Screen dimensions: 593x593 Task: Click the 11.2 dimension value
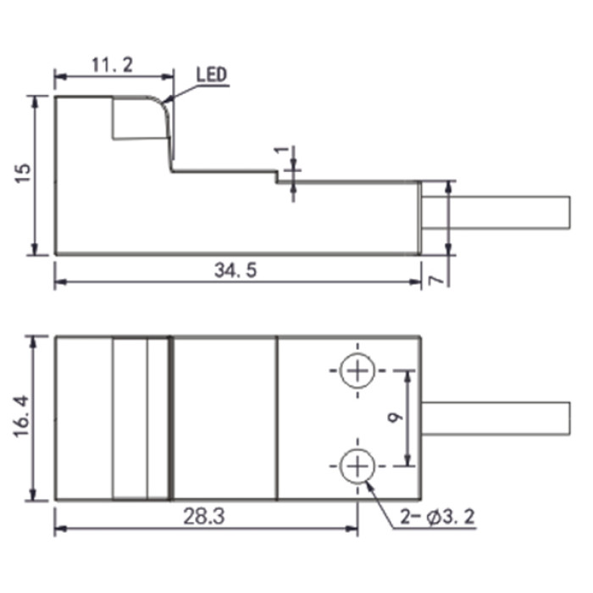click(x=113, y=65)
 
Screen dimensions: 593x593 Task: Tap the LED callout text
click(x=212, y=75)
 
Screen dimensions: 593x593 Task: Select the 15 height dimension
click(x=23, y=174)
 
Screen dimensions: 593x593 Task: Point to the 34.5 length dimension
click(x=236, y=270)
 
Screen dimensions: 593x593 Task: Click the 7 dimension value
click(x=435, y=280)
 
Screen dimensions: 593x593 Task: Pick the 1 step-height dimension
click(x=281, y=150)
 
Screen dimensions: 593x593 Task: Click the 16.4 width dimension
click(x=21, y=417)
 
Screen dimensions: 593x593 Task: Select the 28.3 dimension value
click(x=204, y=516)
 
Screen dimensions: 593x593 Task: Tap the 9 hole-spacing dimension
click(x=396, y=418)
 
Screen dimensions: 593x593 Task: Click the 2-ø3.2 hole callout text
click(x=437, y=517)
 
